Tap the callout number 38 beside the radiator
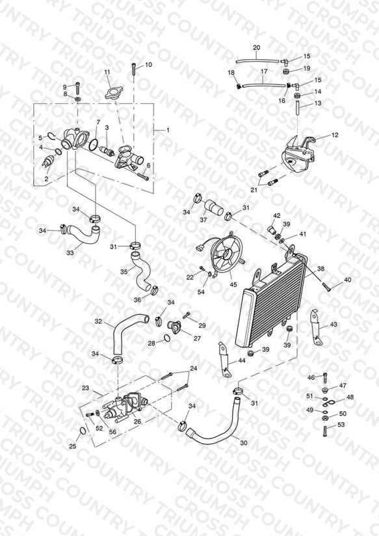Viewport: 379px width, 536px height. pos(320,269)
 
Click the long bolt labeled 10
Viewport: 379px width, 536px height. pos(134,71)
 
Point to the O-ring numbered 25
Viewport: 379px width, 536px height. pos(83,431)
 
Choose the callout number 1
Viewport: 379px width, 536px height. pos(168,130)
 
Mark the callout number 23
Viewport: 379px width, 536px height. pos(85,388)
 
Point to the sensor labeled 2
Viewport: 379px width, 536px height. pos(48,162)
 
